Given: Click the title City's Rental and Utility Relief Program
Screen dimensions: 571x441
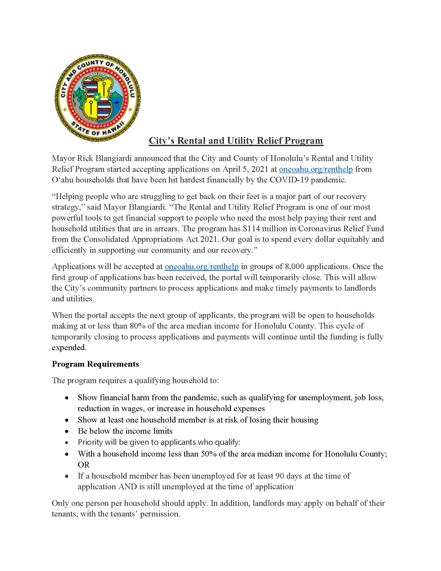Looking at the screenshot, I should (x=236, y=141).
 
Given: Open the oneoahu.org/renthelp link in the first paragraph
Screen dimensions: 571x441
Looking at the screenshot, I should (x=316, y=169).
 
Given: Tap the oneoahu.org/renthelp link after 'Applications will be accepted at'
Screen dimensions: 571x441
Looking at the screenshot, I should (x=201, y=266).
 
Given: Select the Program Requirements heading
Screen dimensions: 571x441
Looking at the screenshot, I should (x=95, y=364).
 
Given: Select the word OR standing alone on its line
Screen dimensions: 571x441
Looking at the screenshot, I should (x=84, y=465).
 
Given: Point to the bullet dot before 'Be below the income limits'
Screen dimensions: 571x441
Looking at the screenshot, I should (x=67, y=431).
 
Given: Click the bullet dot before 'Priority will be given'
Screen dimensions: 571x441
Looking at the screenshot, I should (x=67, y=443).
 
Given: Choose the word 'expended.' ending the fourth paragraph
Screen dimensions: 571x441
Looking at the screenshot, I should (x=69, y=348).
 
